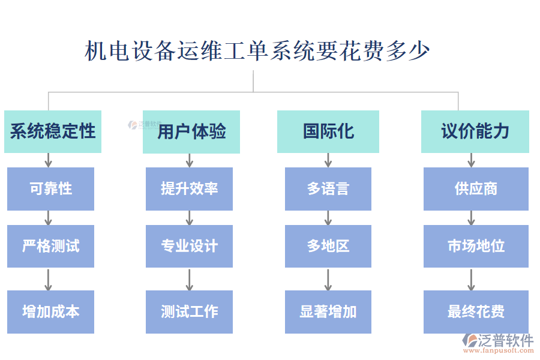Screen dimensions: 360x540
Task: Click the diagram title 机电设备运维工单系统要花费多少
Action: pyautogui.click(x=257, y=51)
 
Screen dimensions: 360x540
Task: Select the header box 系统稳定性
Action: pyautogui.click(x=53, y=131)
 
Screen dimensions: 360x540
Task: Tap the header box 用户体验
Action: pyautogui.click(x=191, y=131)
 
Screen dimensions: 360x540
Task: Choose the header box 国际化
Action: pyautogui.click(x=328, y=131)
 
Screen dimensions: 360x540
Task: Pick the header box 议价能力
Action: pyautogui.click(x=475, y=131)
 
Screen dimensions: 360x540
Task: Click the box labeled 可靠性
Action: pyautogui.click(x=51, y=188)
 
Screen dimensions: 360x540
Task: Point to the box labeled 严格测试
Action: pyautogui.click(x=51, y=246)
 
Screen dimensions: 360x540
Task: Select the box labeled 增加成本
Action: pyautogui.click(x=51, y=311)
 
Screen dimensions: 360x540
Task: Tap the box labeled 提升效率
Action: pyautogui.click(x=190, y=188)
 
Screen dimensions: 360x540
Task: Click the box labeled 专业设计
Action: pyautogui.click(x=190, y=246)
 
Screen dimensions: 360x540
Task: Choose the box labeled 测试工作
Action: pyautogui.click(x=190, y=311)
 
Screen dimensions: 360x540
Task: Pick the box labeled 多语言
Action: pyautogui.click(x=328, y=188)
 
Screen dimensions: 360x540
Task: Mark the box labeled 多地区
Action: pyautogui.click(x=328, y=246)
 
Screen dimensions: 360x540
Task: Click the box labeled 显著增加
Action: pyautogui.click(x=328, y=311)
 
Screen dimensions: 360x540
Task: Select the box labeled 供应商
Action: pyautogui.click(x=476, y=188)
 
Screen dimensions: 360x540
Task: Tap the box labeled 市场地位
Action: pyautogui.click(x=476, y=246)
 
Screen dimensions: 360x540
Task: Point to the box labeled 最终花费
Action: pyautogui.click(x=476, y=311)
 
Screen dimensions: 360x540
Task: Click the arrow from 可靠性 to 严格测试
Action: pyautogui.click(x=49, y=218)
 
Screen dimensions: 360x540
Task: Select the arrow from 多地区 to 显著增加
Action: pyautogui.click(x=328, y=279)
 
